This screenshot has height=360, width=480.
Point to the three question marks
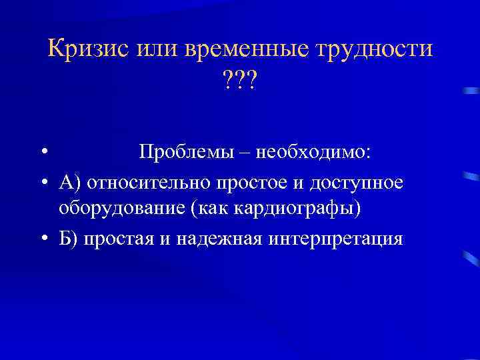tap(239, 83)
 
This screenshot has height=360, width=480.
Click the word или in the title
tap(155, 49)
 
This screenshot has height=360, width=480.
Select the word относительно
tap(140, 181)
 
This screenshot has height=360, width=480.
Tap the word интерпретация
tap(337, 238)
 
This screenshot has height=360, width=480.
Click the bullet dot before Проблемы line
tap(42, 153)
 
